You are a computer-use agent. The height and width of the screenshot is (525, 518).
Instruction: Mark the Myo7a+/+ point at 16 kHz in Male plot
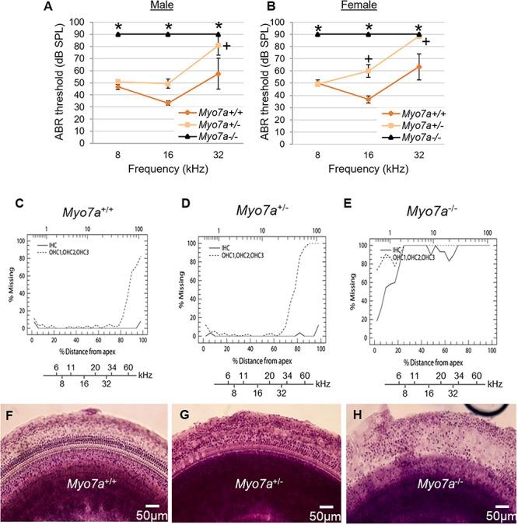[x=169, y=103]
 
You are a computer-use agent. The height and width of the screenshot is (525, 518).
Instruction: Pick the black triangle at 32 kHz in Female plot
[x=419, y=34]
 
